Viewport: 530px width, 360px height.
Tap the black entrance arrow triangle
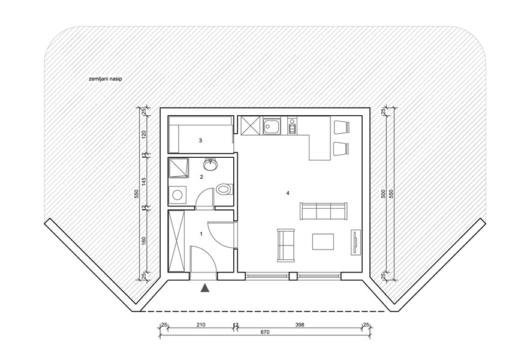(x=206, y=289)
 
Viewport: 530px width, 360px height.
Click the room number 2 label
(x=201, y=177)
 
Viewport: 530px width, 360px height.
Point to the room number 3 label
(x=200, y=140)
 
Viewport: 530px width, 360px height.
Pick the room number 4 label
(x=288, y=193)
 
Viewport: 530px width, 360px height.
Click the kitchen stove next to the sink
(x=292, y=127)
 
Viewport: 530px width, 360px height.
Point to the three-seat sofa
(x=323, y=211)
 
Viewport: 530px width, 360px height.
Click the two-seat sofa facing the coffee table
(x=286, y=245)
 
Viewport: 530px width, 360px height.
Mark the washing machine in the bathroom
(x=177, y=194)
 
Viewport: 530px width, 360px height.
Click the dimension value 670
(x=265, y=332)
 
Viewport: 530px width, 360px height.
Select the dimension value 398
(x=300, y=325)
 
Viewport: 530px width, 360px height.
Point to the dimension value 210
(x=200, y=325)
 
